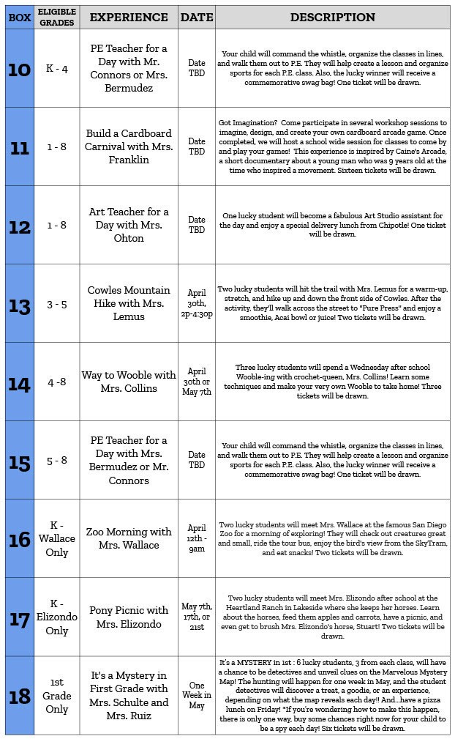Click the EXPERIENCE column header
click(129, 17)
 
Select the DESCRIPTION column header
click(333, 17)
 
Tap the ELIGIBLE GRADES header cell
click(56, 17)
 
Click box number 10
click(19, 70)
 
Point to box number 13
click(19, 304)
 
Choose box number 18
click(19, 696)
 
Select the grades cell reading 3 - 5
click(56, 304)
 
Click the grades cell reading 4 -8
click(56, 382)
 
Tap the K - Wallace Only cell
click(56, 538)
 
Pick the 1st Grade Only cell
click(56, 696)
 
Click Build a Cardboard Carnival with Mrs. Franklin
click(129, 146)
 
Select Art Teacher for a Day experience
click(129, 225)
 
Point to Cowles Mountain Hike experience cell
click(129, 303)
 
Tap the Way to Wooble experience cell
click(129, 382)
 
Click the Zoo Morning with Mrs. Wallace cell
click(129, 538)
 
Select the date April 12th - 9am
click(197, 538)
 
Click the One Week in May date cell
click(197, 696)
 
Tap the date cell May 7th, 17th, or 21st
click(197, 617)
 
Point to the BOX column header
click(19, 17)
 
